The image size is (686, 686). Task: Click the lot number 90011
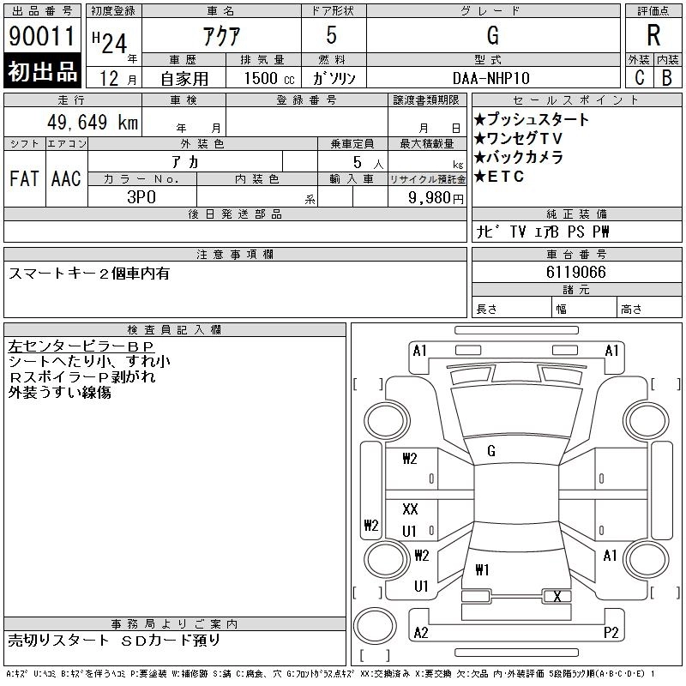pos(42,36)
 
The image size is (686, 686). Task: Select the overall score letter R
pos(653,36)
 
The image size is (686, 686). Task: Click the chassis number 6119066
pos(576,272)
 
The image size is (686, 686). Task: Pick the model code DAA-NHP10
pos(492,76)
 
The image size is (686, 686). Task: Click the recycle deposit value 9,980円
pos(436,197)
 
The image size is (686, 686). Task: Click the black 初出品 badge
pos(42,72)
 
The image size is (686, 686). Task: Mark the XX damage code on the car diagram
pos(410,509)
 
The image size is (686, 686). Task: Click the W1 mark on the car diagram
pos(482,569)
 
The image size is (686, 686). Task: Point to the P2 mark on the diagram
pos(611,633)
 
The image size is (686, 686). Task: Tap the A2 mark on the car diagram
pos(420,633)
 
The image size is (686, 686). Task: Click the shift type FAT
pos(24,178)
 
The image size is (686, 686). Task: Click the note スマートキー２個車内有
pos(89,274)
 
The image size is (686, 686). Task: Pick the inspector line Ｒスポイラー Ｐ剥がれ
pos(83,377)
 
